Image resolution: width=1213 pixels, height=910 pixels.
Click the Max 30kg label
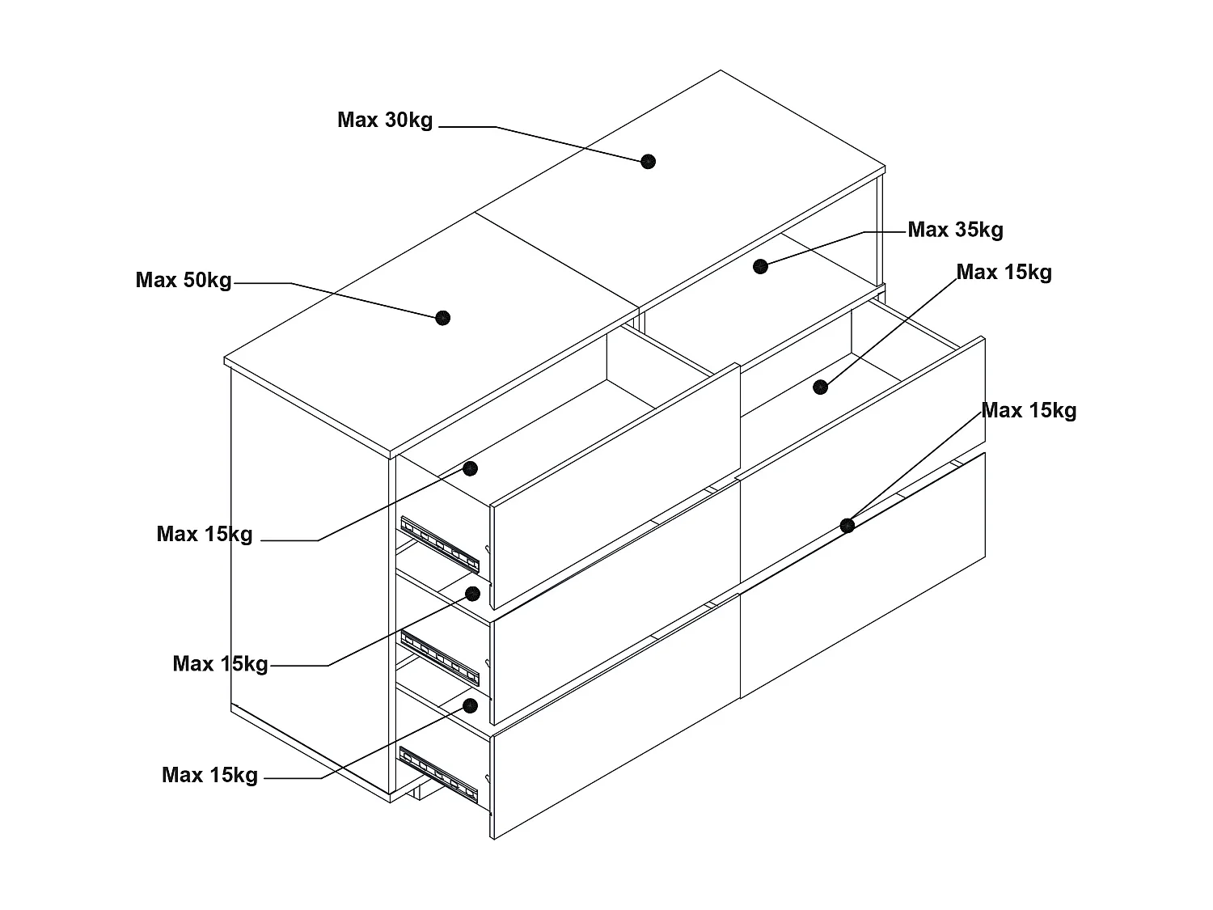385,121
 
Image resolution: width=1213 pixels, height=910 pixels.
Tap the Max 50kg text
184,281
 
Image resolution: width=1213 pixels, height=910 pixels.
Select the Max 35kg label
955,230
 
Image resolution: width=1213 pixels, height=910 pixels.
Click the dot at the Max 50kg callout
442,318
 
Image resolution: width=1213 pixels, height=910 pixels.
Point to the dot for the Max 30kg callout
648,161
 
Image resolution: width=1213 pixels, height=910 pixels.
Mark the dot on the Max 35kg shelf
760,266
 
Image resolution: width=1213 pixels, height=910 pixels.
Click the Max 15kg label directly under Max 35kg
1004,273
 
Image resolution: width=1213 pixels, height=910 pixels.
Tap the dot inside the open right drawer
821,387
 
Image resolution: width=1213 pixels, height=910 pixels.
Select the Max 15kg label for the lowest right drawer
1029,411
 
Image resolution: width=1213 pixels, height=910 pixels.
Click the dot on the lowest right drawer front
847,526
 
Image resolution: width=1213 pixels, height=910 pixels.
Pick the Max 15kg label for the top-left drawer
205,534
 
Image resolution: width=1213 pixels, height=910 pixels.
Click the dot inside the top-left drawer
471,468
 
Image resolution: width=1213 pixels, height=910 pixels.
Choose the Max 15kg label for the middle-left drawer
220,664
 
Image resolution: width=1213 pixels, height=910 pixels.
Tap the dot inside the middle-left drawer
473,594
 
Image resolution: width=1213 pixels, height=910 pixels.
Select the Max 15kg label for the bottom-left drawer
209,775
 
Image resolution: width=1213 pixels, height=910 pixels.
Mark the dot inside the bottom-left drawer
471,705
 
